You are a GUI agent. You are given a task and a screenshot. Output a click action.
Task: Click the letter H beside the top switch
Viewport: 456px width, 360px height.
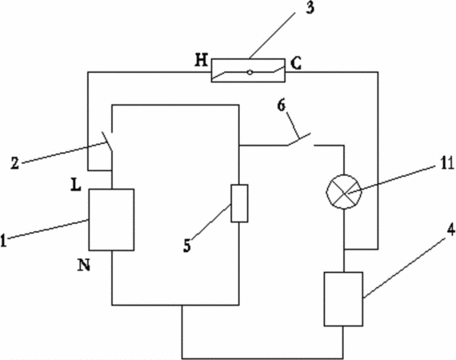coord(202,61)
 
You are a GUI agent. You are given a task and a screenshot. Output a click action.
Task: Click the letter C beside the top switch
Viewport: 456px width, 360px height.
coord(296,64)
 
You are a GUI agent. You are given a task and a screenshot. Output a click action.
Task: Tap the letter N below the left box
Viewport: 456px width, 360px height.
coord(83,265)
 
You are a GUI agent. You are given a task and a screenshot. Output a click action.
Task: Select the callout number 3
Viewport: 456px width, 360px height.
coord(310,7)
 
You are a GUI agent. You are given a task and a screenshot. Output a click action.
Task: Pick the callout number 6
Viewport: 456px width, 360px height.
coord(282,106)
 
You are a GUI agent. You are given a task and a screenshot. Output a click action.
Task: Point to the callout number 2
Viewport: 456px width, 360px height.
coord(15,163)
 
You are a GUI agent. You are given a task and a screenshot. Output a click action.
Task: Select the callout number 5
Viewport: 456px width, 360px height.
coord(187,246)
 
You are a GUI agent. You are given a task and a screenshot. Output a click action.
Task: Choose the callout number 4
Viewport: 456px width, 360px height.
coord(450,231)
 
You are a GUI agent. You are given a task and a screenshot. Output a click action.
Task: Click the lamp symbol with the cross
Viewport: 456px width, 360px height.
coord(344,192)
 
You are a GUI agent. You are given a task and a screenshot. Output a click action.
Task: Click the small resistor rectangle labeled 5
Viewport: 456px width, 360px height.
coord(240,203)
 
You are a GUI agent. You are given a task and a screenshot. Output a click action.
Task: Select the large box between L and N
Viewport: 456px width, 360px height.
coord(111,219)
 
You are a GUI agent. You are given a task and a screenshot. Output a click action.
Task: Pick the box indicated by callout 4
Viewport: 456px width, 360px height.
coord(343,299)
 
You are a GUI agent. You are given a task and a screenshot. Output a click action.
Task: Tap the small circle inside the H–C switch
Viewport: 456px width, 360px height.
coord(250,72)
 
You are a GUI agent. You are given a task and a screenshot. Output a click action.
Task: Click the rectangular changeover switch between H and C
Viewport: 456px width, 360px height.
coord(248,70)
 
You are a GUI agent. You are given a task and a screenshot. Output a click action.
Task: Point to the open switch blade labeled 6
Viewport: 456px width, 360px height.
coord(299,139)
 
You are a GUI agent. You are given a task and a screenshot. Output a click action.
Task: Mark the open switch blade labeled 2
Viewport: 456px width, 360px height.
coord(107,142)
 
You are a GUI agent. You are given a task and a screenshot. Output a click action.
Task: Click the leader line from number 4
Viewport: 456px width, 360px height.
coord(407,266)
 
